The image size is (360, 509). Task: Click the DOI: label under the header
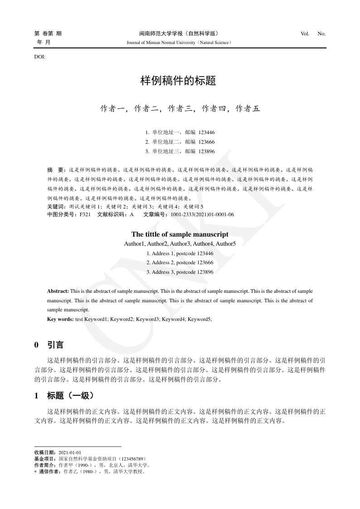click(x=40, y=57)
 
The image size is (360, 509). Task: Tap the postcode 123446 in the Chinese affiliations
click(x=206, y=132)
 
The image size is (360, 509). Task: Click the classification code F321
click(x=85, y=214)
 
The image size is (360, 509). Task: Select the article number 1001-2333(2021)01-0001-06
click(x=202, y=214)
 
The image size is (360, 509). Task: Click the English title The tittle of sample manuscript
click(x=180, y=234)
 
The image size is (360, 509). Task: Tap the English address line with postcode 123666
click(x=180, y=263)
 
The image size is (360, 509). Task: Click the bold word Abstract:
click(x=58, y=291)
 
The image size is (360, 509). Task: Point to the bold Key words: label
click(x=60, y=319)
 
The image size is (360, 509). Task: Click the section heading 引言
click(x=55, y=345)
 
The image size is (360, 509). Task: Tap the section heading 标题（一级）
click(x=70, y=396)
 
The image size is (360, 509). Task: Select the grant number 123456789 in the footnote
click(x=131, y=459)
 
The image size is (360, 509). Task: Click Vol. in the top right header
click(x=305, y=34)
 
